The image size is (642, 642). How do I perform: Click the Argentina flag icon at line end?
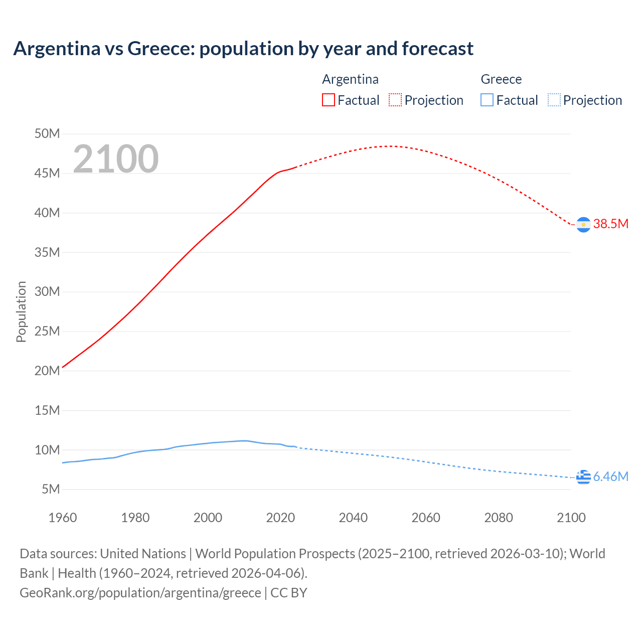(583, 225)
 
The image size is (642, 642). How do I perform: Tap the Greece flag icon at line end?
(583, 477)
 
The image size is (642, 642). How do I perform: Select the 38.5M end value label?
(610, 224)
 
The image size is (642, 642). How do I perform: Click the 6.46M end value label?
(610, 476)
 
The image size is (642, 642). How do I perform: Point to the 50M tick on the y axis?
(47, 133)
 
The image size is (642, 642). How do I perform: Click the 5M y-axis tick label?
(50, 489)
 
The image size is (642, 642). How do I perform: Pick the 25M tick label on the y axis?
(47, 331)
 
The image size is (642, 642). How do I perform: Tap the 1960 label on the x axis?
(63, 518)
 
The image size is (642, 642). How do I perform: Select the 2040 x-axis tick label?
(353, 518)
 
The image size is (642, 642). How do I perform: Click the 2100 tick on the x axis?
(571, 518)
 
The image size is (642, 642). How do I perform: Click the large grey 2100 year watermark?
(116, 159)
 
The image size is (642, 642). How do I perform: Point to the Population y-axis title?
(21, 311)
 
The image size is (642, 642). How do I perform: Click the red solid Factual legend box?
(328, 100)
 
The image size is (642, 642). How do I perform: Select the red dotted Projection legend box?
(395, 100)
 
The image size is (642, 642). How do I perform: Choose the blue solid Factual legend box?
(487, 100)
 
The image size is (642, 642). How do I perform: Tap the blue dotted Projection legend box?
(554, 100)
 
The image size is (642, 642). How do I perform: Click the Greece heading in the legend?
(501, 79)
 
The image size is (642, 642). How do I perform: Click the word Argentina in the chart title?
(57, 49)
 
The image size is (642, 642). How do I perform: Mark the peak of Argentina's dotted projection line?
(389, 146)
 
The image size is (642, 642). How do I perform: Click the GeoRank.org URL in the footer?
(140, 593)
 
